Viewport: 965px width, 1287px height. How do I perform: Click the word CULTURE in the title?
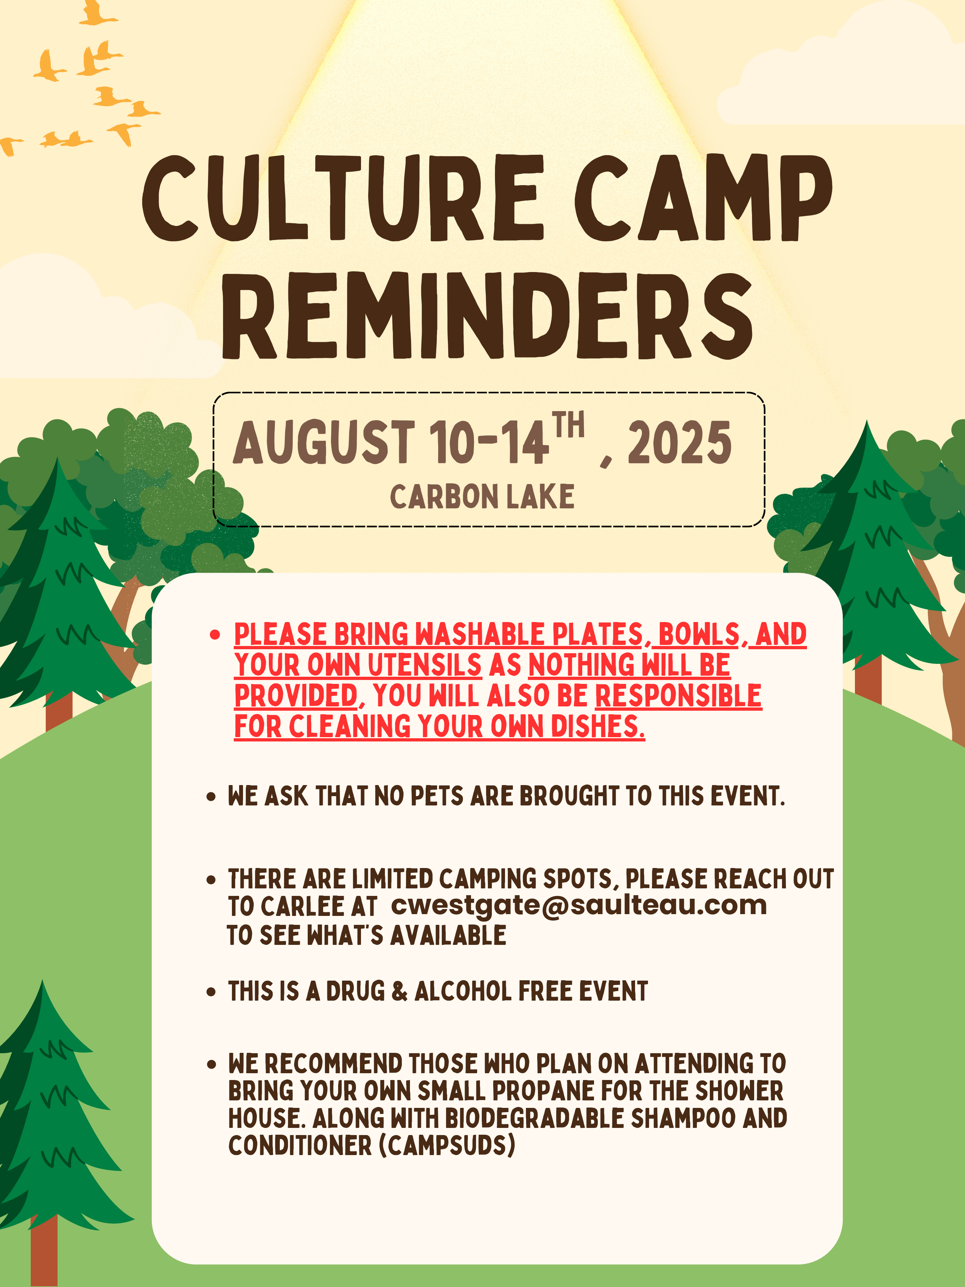(x=343, y=198)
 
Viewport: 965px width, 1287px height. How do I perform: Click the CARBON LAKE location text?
(x=482, y=497)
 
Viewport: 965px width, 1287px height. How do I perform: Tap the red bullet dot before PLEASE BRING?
(x=215, y=634)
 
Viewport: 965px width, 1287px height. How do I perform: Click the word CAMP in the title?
(x=704, y=198)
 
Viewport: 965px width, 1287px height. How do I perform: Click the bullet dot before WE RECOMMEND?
(x=211, y=1065)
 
